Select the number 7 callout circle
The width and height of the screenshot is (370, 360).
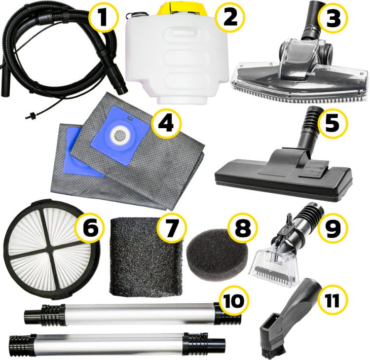172,228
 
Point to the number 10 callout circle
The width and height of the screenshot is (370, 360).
234,301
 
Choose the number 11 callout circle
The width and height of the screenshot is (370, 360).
333,300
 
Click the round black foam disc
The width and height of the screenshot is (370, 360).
217,255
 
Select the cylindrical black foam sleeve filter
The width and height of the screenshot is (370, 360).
146,257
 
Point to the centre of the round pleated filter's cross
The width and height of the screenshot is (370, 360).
53,250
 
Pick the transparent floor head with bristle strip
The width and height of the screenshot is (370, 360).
299,71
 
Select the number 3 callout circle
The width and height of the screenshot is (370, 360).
333,18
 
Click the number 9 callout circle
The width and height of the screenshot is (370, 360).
333,228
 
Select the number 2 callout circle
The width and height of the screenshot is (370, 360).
230,18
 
